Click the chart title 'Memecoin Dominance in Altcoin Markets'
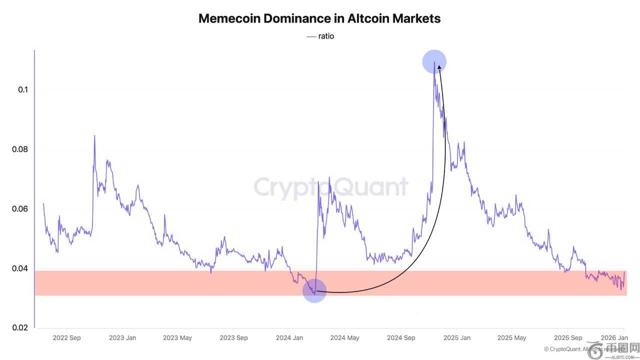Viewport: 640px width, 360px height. tap(319, 18)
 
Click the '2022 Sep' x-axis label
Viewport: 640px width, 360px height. tap(66, 338)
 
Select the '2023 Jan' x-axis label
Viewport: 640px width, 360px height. tap(122, 338)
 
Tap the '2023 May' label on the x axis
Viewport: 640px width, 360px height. tap(177, 338)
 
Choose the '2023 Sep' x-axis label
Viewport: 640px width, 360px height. tap(234, 338)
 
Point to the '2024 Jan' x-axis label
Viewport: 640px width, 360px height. tap(290, 338)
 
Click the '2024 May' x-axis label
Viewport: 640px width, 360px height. tap(345, 338)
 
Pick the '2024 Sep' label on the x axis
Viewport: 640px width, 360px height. tap(401, 338)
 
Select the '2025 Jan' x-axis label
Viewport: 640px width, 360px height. tap(457, 338)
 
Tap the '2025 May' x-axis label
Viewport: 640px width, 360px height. tap(512, 338)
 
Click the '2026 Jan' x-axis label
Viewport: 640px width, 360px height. tap(614, 338)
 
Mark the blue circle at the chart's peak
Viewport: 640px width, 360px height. tap(434, 61)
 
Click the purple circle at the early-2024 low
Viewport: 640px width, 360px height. tap(314, 290)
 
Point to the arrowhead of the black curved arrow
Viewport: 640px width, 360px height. tap(438, 66)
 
